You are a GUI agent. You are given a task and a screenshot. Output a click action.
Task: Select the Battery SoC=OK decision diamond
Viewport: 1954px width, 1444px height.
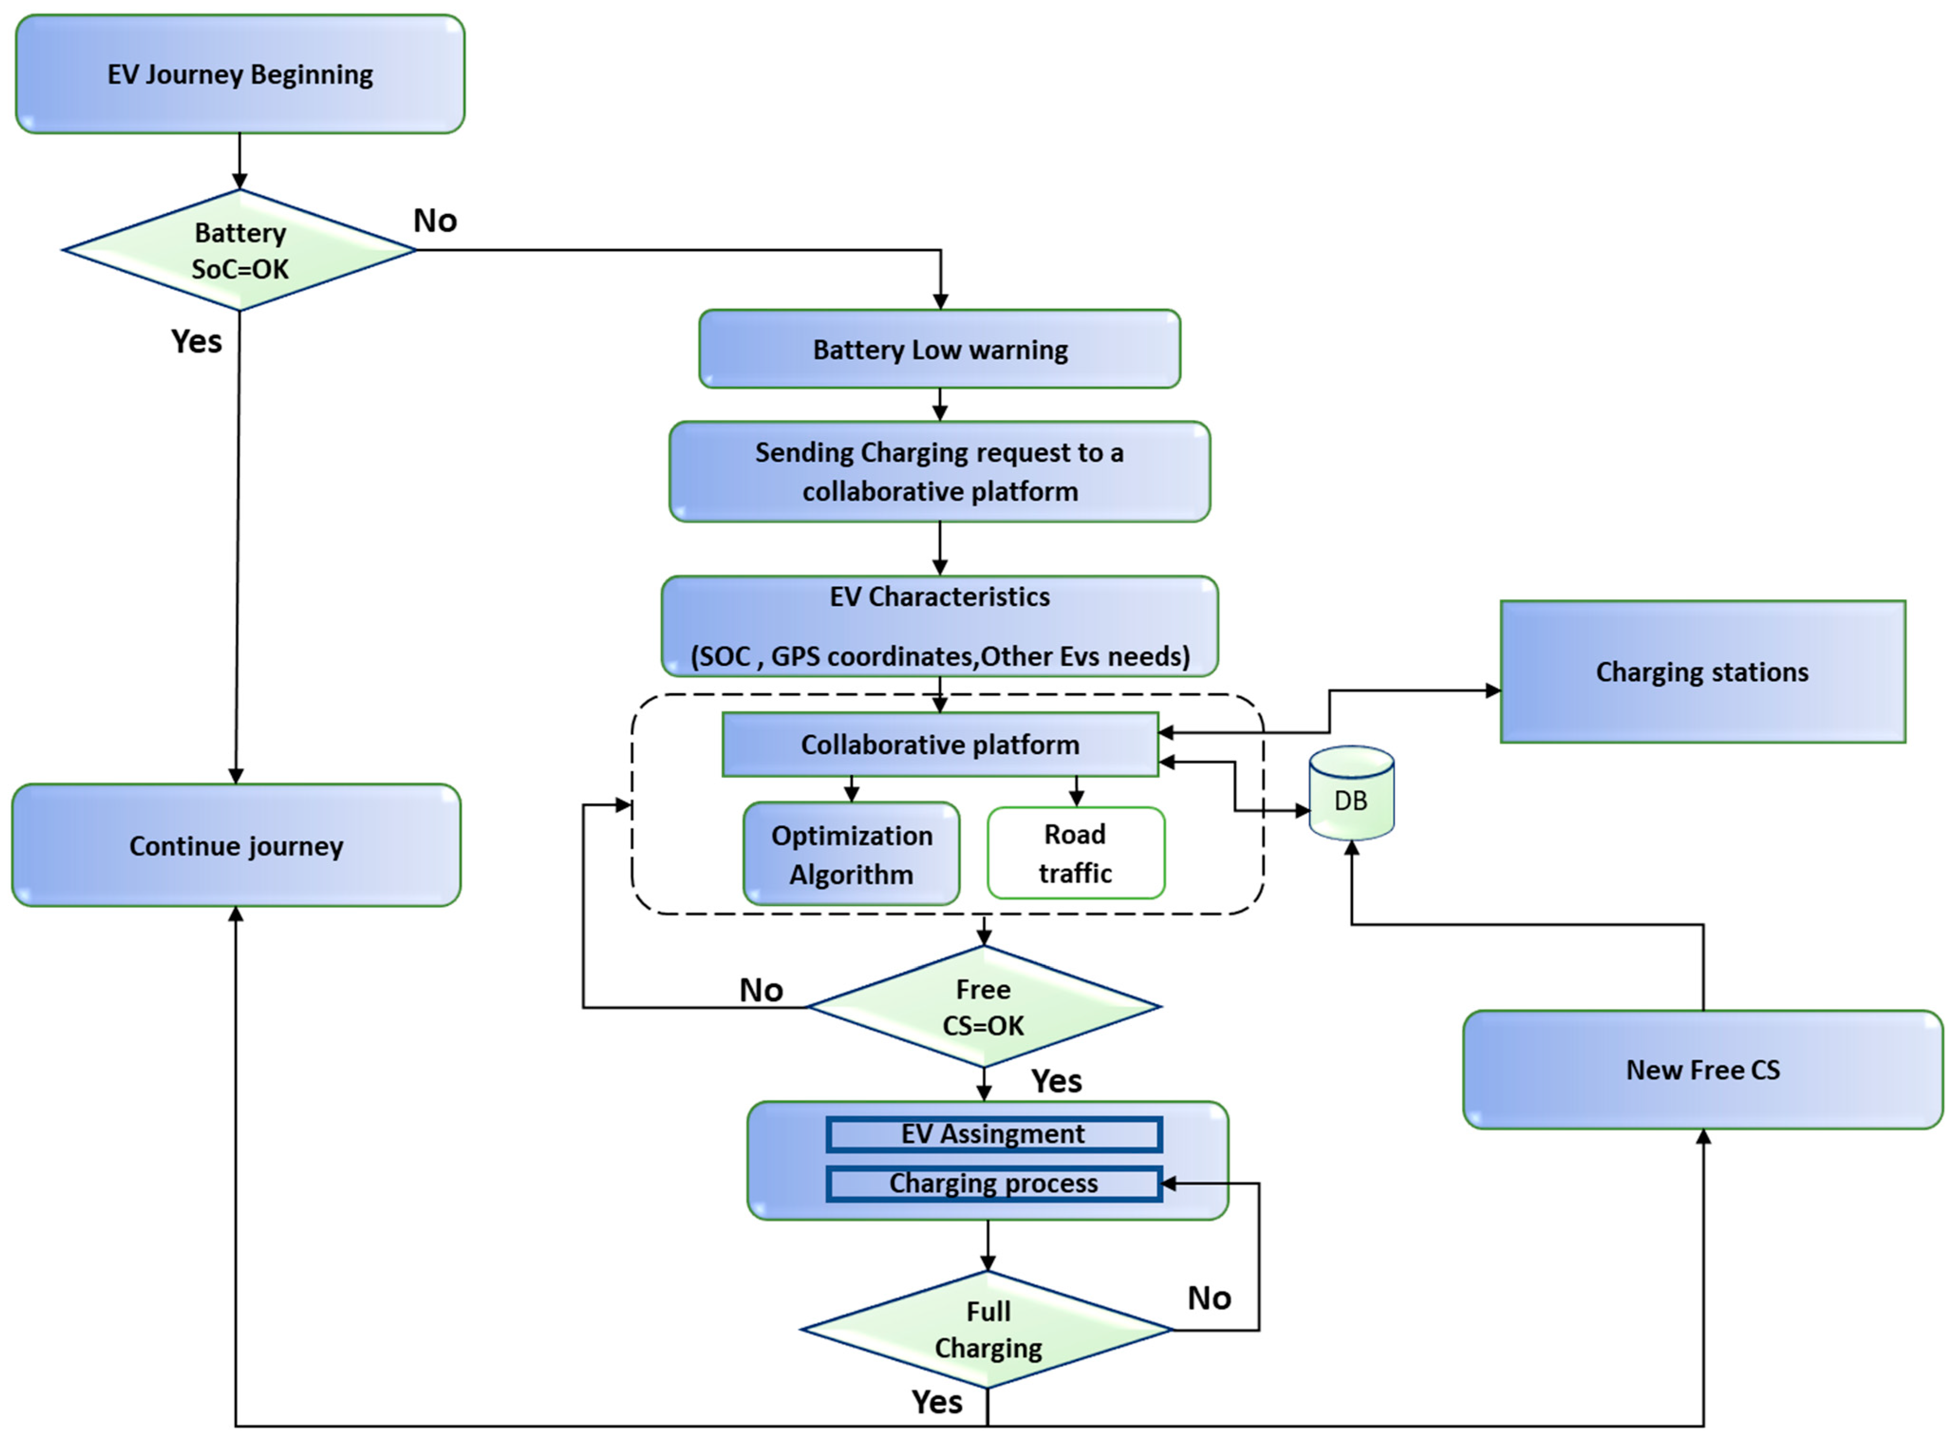[240, 251]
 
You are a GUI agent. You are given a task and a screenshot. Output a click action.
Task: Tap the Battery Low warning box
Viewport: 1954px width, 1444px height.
[940, 350]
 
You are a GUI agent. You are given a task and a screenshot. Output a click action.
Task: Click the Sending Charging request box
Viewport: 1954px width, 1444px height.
[940, 472]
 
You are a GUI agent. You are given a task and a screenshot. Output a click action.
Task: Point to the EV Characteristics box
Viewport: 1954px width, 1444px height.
[940, 626]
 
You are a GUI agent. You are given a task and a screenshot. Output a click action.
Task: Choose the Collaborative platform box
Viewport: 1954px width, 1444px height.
[940, 745]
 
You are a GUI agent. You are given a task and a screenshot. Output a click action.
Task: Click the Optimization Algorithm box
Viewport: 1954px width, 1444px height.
[851, 854]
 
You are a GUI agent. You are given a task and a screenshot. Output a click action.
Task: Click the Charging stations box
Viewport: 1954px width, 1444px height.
[1702, 671]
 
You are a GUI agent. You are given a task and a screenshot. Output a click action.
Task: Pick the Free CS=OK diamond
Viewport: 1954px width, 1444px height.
[983, 1007]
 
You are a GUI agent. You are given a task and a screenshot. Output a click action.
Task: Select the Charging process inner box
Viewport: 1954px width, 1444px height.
[993, 1183]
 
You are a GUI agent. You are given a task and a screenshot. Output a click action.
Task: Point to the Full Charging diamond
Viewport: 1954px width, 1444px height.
[988, 1330]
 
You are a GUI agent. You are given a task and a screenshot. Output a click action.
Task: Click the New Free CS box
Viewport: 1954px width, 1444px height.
[1702, 1070]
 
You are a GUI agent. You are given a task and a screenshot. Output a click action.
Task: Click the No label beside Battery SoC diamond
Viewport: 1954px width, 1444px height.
[435, 221]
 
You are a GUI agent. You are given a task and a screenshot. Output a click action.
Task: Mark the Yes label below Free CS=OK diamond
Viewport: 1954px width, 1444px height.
[1056, 1081]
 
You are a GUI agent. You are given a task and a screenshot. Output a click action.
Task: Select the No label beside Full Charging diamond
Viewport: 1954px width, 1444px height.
[1209, 1298]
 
